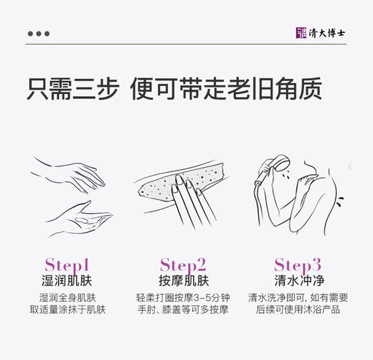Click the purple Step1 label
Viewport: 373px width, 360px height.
[67, 264]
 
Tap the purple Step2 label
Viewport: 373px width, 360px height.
[183, 264]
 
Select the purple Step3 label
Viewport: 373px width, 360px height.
[298, 264]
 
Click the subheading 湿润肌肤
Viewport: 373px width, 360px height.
[67, 280]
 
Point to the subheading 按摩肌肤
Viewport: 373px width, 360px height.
[183, 280]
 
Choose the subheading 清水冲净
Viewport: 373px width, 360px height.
[298, 280]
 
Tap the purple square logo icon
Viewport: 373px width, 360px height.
[301, 33]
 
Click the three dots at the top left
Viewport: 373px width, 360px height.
[38, 33]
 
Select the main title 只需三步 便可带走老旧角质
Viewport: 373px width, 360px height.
[174, 89]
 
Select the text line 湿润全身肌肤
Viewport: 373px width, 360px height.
[67, 298]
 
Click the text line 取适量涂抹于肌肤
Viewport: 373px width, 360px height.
[67, 310]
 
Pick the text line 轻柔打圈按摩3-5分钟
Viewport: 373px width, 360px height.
[183, 298]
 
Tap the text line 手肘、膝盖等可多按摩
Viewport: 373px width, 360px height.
[183, 310]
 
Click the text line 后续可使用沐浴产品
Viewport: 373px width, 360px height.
[298, 310]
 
